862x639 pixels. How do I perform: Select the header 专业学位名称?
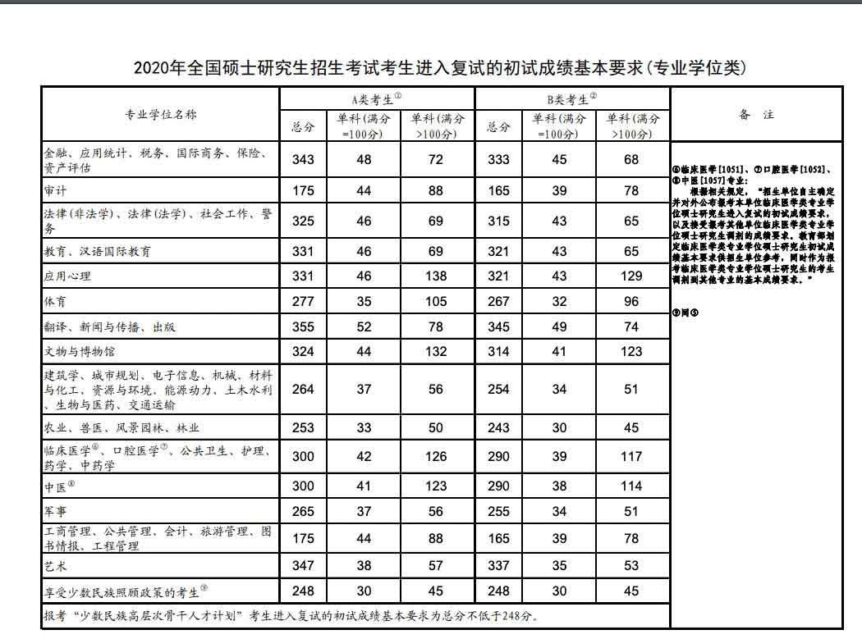click(x=160, y=114)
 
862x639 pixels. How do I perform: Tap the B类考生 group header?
click(x=571, y=99)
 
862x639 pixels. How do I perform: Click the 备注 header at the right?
click(x=756, y=115)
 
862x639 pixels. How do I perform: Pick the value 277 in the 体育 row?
click(x=303, y=302)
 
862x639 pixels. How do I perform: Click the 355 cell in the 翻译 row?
click(x=303, y=326)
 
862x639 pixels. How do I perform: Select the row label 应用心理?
click(x=67, y=276)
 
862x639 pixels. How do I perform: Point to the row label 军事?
click(x=55, y=512)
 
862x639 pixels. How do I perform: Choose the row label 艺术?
click(x=55, y=566)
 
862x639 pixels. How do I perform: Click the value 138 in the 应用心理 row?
click(x=435, y=276)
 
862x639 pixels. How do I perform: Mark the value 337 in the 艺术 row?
click(x=498, y=566)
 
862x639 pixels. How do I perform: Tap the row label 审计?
click(x=55, y=190)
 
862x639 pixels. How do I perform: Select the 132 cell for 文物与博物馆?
click(x=435, y=351)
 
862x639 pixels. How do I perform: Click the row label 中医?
click(x=56, y=486)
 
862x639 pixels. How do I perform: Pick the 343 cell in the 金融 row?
click(x=303, y=159)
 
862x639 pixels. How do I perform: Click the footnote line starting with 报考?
click(x=291, y=615)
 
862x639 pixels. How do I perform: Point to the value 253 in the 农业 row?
click(x=303, y=427)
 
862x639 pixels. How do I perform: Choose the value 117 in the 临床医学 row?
click(x=630, y=456)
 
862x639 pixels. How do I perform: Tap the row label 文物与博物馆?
click(x=80, y=351)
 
